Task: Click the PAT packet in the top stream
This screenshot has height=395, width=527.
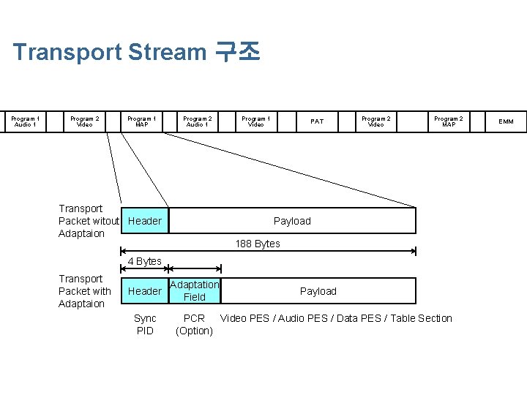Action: (x=316, y=121)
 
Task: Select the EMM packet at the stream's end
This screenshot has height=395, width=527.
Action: (x=506, y=121)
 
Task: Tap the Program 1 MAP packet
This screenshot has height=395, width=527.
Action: (x=141, y=121)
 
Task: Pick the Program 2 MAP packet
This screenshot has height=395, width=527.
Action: (x=448, y=121)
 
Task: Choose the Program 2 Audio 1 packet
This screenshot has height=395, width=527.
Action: (x=197, y=121)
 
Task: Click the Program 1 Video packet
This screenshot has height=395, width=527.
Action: (x=255, y=121)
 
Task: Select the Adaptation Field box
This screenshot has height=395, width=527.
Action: (x=195, y=290)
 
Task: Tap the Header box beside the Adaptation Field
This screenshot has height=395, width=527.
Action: (x=145, y=291)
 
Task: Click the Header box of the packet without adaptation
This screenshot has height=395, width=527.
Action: (x=145, y=221)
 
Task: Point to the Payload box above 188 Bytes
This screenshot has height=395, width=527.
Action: (x=292, y=221)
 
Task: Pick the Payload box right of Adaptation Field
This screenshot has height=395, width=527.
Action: (x=318, y=291)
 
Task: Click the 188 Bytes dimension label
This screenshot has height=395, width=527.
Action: (x=257, y=244)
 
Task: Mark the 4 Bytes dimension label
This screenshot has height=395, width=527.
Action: (x=144, y=261)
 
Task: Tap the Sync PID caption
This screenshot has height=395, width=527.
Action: (x=145, y=324)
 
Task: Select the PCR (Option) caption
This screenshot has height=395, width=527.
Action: (x=194, y=324)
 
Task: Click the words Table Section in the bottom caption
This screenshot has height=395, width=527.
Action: (x=422, y=318)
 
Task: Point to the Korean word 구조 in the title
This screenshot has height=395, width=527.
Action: (x=237, y=52)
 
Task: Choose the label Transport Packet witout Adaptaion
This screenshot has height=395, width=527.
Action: (x=88, y=221)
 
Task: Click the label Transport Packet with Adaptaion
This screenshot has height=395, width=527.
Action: (x=84, y=291)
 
